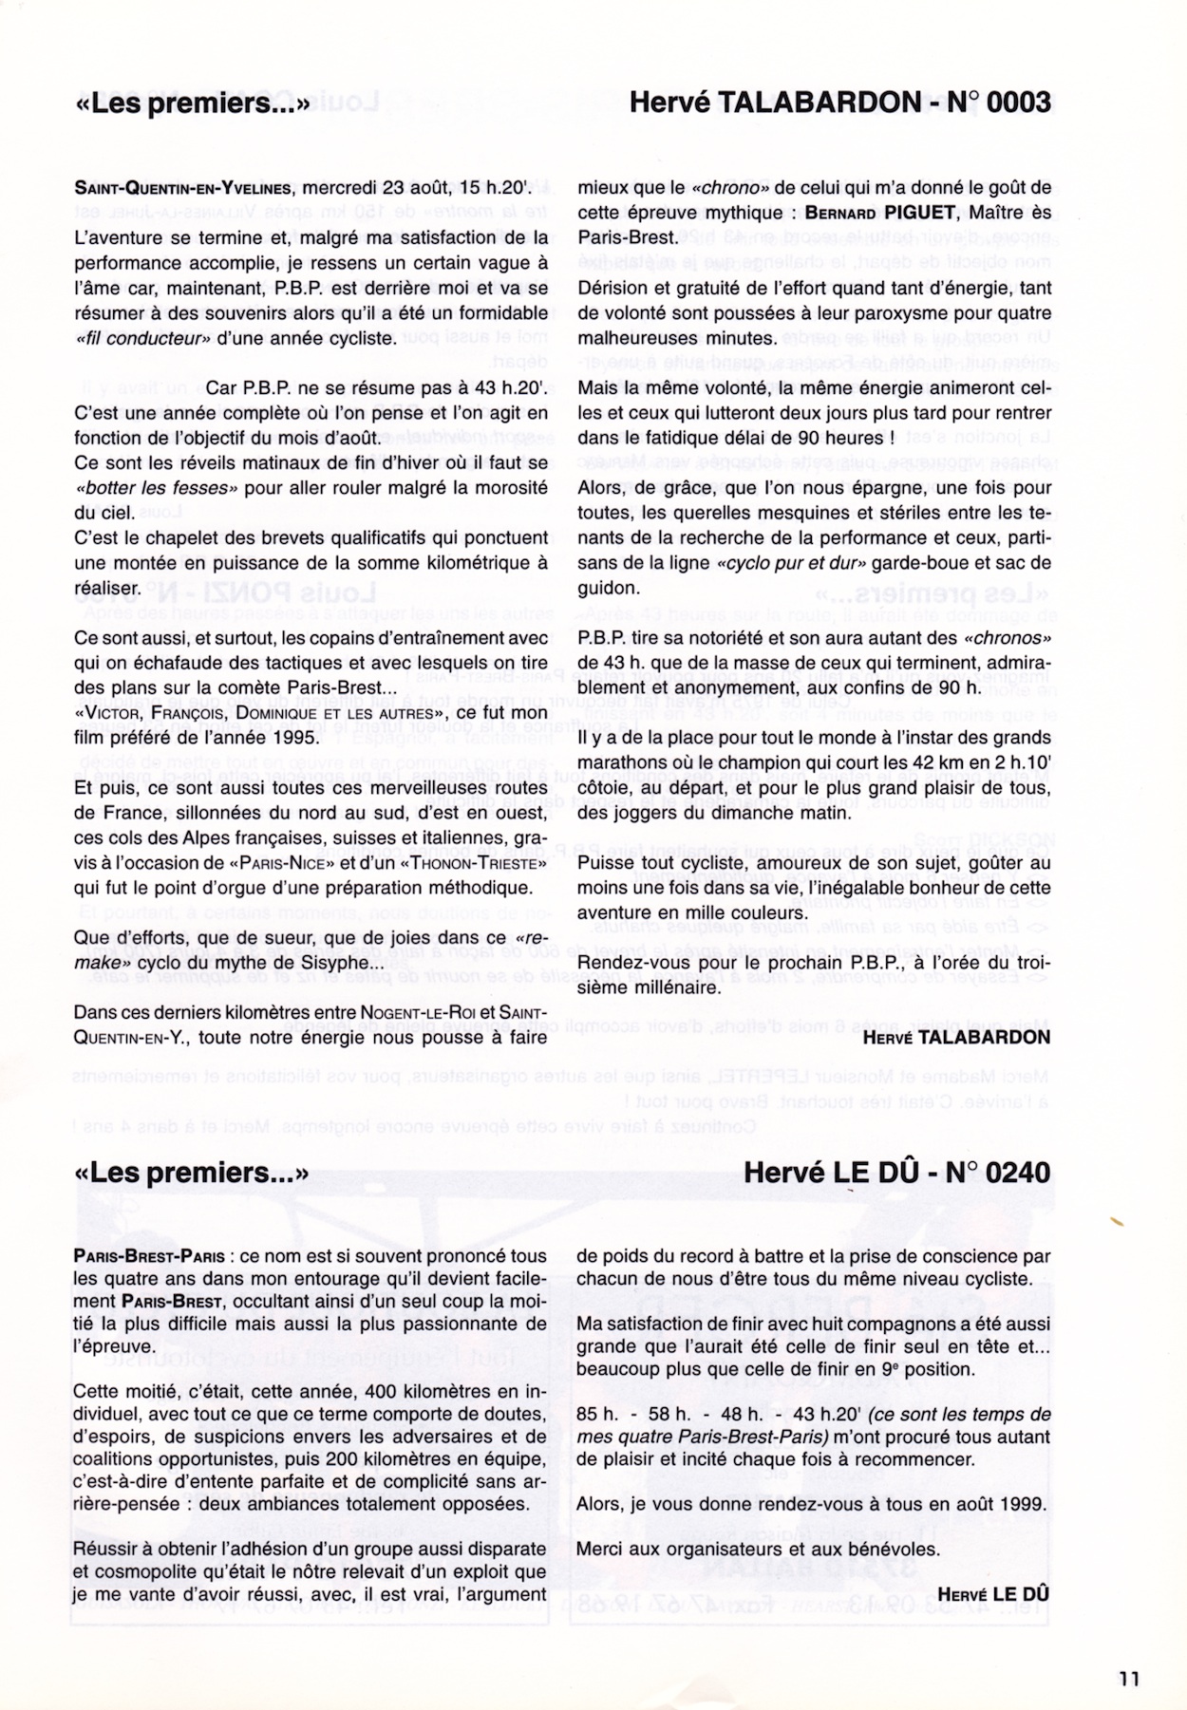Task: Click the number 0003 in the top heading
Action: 1019,103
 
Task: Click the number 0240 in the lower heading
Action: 1019,1174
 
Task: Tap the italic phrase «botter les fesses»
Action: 153,488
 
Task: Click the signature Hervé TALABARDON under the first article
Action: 956,1038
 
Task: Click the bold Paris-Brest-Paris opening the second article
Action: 149,1256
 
